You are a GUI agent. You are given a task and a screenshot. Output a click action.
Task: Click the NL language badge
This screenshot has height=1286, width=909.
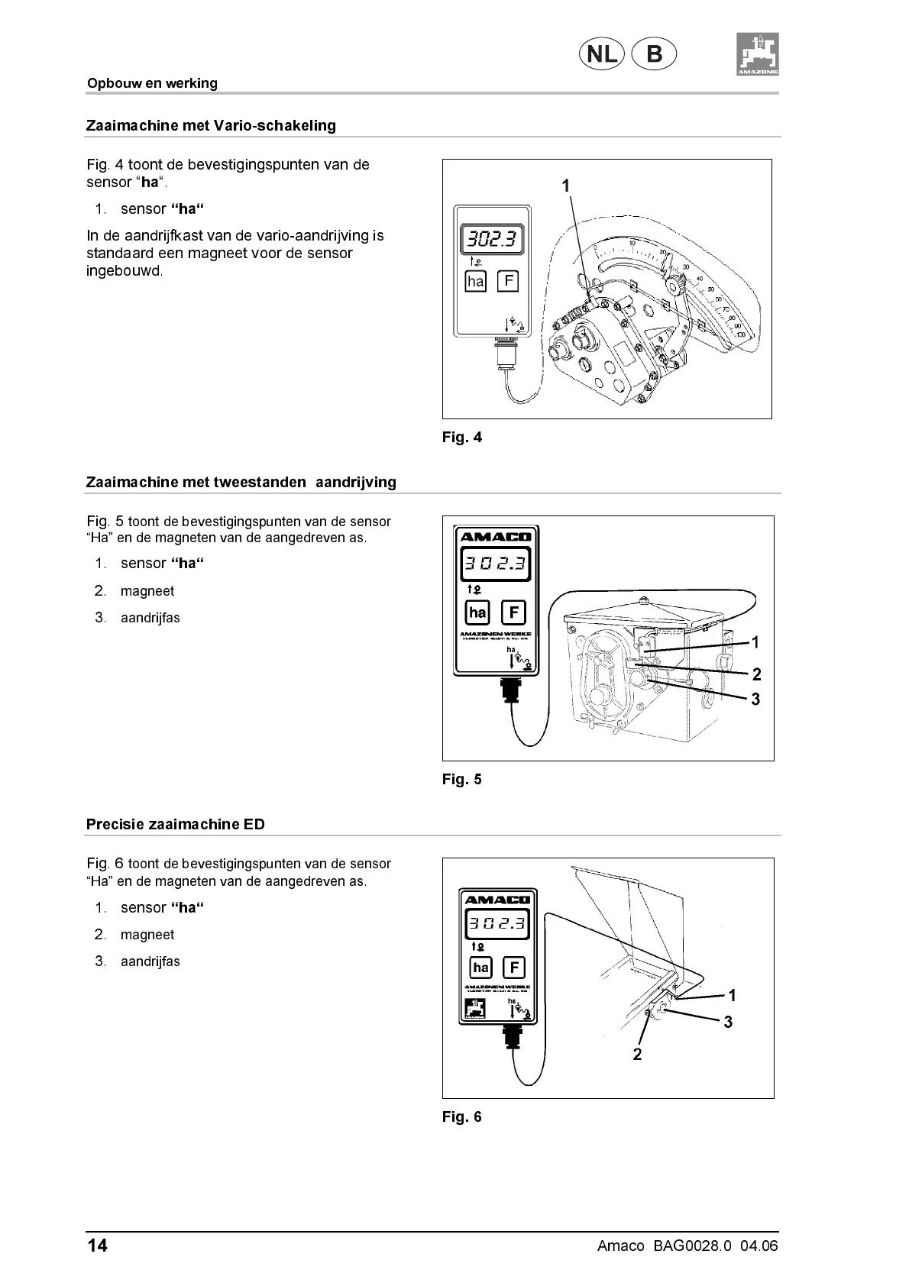pyautogui.click(x=602, y=54)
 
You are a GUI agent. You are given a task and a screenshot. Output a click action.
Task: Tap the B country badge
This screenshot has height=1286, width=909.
pyautogui.click(x=655, y=54)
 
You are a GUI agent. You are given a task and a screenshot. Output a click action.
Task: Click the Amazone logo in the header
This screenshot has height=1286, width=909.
pyautogui.click(x=758, y=54)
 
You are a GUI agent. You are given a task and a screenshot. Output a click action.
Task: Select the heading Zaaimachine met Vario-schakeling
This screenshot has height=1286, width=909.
pyautogui.click(x=211, y=125)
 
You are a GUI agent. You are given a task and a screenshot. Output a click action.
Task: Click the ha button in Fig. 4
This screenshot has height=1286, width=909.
pyautogui.click(x=476, y=281)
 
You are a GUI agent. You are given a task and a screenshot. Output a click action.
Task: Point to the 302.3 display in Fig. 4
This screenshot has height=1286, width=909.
pyautogui.click(x=492, y=239)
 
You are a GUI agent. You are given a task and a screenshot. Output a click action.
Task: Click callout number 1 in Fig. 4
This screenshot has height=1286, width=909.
pyautogui.click(x=566, y=186)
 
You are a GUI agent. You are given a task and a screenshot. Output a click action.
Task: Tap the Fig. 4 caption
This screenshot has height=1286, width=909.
pyautogui.click(x=462, y=438)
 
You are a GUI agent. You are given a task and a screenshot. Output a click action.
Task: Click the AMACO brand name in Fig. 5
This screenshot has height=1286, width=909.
pyautogui.click(x=496, y=536)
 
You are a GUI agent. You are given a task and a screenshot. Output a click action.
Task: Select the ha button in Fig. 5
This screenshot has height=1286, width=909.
pyautogui.click(x=478, y=612)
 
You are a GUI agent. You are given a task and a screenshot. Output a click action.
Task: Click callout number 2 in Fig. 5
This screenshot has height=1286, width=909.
pyautogui.click(x=756, y=674)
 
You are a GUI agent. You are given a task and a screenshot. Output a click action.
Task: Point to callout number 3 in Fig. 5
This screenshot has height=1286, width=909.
pyautogui.click(x=755, y=699)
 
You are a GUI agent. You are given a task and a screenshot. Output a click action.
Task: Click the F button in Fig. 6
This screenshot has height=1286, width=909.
pyautogui.click(x=514, y=968)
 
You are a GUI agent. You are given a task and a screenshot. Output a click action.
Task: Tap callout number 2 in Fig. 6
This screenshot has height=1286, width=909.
pyautogui.click(x=637, y=1055)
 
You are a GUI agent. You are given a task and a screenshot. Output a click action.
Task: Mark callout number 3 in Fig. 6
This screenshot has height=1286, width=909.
pyautogui.click(x=728, y=1022)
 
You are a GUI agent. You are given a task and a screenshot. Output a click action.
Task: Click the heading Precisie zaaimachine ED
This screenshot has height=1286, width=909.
pyautogui.click(x=176, y=825)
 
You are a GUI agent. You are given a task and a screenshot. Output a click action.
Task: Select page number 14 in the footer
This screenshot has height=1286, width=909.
pyautogui.click(x=97, y=1246)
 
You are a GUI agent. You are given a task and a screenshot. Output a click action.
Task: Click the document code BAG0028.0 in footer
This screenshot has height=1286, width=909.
pyautogui.click(x=692, y=1246)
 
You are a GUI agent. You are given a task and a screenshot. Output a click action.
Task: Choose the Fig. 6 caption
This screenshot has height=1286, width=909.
pyautogui.click(x=462, y=1116)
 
